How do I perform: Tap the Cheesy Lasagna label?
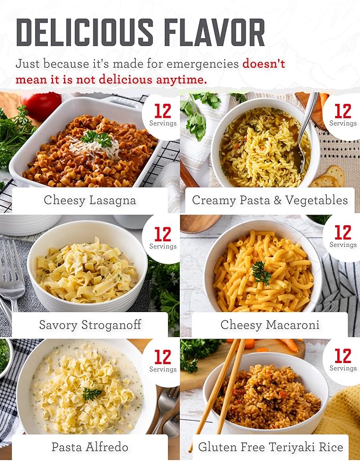click(x=90, y=200)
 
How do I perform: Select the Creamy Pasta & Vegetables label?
click(x=270, y=200)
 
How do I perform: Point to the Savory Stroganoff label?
click(x=90, y=324)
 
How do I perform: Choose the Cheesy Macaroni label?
click(x=270, y=324)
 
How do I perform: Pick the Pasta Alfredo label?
click(x=90, y=447)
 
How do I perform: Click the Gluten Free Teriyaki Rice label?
click(x=270, y=447)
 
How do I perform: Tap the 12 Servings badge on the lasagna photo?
click(x=163, y=115)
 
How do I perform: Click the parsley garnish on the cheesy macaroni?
click(x=261, y=273)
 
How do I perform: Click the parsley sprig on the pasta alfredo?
click(x=92, y=393)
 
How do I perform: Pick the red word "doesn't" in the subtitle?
click(x=264, y=64)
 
